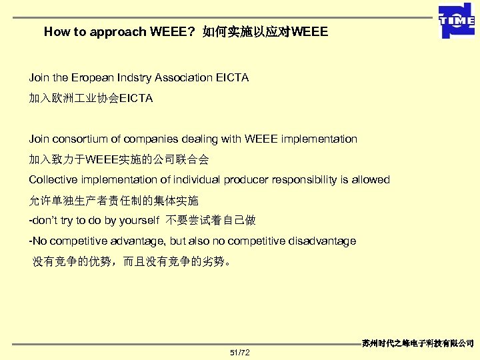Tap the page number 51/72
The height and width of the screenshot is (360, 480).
239,352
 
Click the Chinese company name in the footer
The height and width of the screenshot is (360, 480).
418,343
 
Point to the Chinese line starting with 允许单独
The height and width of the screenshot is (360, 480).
113,200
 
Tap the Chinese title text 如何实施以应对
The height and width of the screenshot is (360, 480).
246,31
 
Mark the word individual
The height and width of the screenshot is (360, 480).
199,179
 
